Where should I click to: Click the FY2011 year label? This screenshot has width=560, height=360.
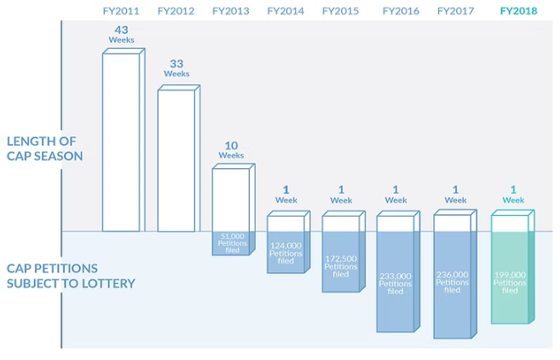click(120, 11)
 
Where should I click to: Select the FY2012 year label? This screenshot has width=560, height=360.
click(175, 11)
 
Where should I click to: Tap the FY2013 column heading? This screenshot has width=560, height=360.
click(229, 11)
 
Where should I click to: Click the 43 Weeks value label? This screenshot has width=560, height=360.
click(120, 35)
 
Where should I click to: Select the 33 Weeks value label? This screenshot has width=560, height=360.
click(176, 68)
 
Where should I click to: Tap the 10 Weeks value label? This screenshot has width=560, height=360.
click(231, 149)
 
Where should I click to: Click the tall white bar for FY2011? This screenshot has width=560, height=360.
click(122, 141)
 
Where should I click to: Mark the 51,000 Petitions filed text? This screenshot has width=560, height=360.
click(232, 240)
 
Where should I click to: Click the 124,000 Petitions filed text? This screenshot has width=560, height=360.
click(286, 253)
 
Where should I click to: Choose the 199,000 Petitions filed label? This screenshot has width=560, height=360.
click(510, 282)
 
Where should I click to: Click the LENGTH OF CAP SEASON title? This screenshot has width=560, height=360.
click(44, 148)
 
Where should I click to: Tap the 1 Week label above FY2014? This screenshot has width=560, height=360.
click(286, 194)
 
